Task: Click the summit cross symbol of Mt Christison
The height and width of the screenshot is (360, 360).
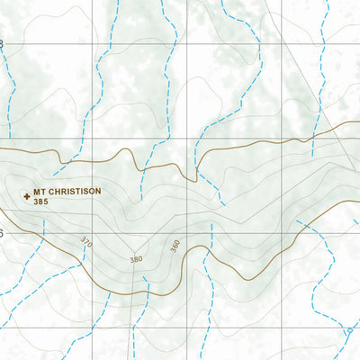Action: (26, 193)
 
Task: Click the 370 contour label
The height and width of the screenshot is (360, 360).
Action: (86, 241)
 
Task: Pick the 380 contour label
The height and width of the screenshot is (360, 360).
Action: (136, 259)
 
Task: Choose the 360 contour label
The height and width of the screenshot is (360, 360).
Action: (175, 245)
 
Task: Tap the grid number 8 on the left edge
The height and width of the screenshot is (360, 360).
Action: (2, 44)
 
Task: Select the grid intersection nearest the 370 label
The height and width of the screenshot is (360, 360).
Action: (93, 233)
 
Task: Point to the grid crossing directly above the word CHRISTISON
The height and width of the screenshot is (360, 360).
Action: (93, 139)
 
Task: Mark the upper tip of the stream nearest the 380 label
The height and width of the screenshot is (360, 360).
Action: (145, 280)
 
